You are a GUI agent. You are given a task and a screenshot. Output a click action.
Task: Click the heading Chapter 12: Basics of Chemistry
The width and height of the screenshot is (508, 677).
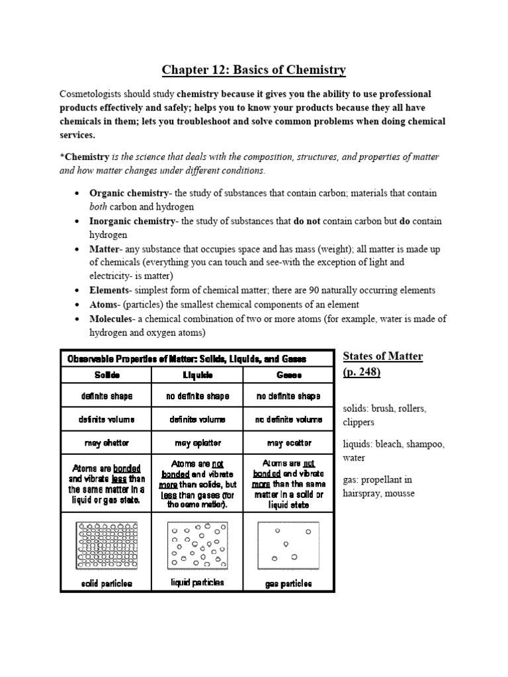254,70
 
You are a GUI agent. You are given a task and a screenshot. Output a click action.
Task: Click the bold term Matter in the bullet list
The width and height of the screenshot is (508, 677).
103,249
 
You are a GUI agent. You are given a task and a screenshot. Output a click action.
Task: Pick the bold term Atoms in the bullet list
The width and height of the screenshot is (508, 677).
104,304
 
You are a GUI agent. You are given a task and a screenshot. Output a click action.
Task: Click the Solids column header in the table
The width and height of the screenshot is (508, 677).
106,374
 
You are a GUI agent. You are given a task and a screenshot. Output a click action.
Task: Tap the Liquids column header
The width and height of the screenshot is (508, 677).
198,374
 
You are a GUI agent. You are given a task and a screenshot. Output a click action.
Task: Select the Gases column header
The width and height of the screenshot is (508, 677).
289,374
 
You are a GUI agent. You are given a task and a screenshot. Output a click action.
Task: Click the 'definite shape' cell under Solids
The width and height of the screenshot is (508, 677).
106,397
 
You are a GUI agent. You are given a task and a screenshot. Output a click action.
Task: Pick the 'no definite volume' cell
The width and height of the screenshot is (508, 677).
289,420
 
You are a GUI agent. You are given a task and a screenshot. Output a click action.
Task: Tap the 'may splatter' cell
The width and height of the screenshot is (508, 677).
198,442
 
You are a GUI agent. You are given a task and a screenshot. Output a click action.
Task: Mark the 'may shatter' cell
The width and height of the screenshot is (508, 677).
106,442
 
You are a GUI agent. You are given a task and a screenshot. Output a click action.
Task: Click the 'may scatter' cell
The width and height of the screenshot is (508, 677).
289,442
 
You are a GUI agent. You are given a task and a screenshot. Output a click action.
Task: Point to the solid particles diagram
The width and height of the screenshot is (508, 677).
106,545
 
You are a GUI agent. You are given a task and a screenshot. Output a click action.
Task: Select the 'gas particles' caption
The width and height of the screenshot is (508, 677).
289,584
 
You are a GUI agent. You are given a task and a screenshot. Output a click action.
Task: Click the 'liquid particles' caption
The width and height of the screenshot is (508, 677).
198,582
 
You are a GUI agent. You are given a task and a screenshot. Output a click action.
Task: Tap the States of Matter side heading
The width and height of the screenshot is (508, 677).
382,357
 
